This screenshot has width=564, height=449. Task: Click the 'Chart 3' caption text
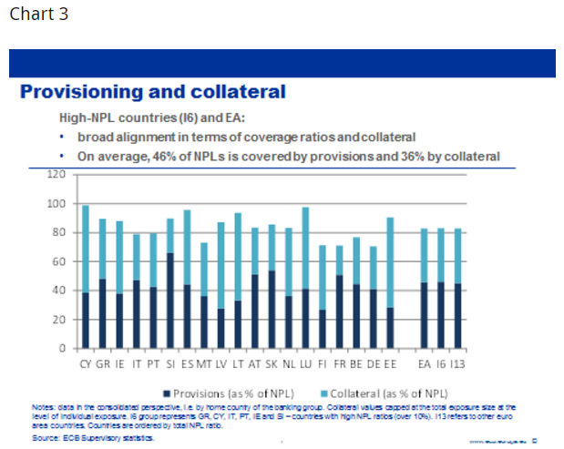(x=38, y=15)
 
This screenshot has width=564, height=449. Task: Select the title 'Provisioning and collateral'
(x=152, y=92)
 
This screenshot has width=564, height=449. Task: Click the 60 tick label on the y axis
(x=59, y=261)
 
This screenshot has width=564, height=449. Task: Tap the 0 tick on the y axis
(x=63, y=349)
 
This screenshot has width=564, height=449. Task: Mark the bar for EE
(x=390, y=282)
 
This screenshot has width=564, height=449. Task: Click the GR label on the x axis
(x=102, y=362)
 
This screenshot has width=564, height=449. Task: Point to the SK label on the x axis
(x=271, y=362)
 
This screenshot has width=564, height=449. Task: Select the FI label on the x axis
(x=322, y=362)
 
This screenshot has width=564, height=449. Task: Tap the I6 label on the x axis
(x=441, y=362)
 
